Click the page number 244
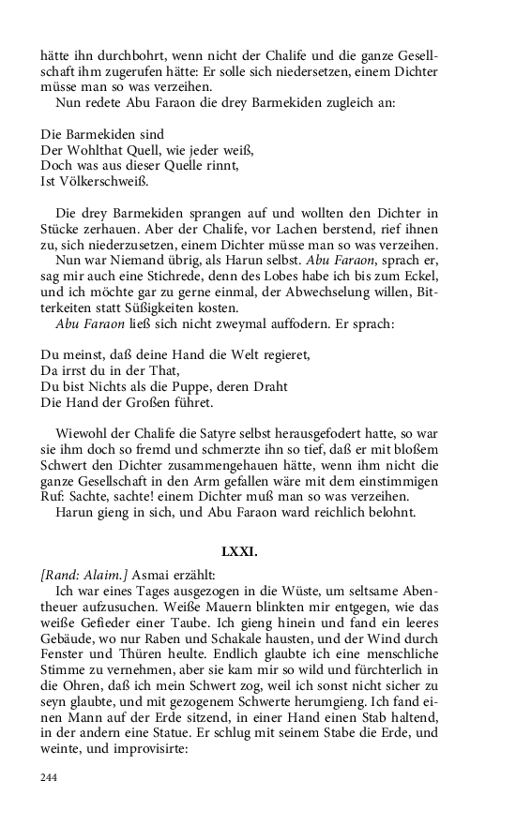tap(50, 777)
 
